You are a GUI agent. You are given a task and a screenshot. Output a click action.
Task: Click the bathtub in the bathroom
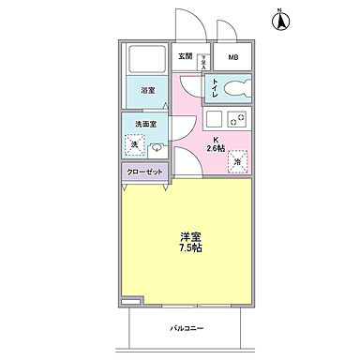tap(147, 62)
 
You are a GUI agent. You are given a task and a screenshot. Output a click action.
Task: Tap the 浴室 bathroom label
tap(147, 91)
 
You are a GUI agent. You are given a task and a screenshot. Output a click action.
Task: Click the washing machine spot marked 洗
tap(135, 145)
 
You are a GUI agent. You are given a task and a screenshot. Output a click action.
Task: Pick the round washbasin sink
tap(157, 147)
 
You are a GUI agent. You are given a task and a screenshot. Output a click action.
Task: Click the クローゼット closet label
tap(144, 172)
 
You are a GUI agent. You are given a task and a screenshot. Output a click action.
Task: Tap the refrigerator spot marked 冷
tap(237, 160)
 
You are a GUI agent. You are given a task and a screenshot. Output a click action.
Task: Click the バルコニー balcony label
tap(187, 328)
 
